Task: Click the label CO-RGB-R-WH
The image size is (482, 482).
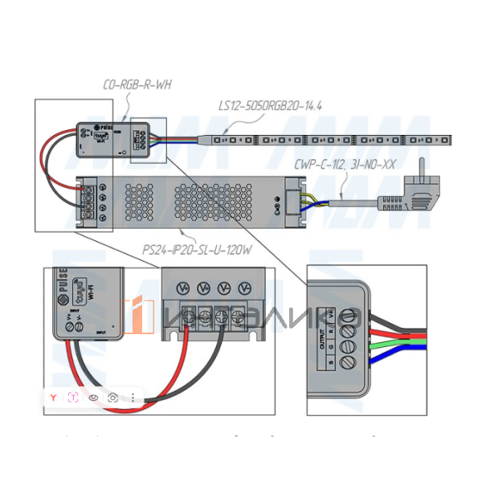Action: [137, 84]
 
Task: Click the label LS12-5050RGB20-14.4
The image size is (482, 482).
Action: [270, 105]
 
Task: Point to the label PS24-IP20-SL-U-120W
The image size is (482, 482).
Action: [197, 250]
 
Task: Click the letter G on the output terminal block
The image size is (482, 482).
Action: [332, 347]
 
